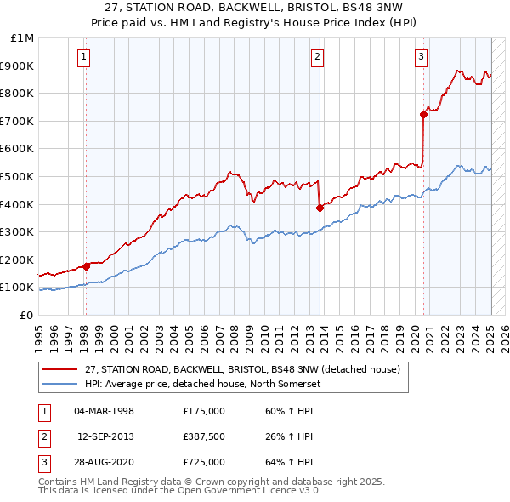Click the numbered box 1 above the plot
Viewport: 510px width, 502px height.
point(85,57)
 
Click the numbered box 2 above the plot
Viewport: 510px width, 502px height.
point(317,57)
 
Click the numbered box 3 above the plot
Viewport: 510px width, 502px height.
point(422,57)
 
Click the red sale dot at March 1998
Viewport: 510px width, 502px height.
point(86,266)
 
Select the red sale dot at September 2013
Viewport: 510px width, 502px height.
point(320,207)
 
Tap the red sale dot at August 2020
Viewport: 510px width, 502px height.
point(423,114)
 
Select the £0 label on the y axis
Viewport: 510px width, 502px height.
point(25,315)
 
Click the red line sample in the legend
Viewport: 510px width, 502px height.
point(59,369)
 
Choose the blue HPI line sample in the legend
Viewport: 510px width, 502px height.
point(59,384)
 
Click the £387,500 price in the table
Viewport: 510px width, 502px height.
point(203,436)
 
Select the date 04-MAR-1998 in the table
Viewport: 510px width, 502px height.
point(105,411)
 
